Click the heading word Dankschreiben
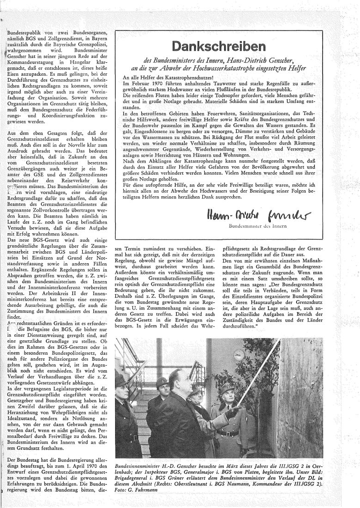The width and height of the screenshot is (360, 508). pyautogui.click(x=226, y=47)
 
